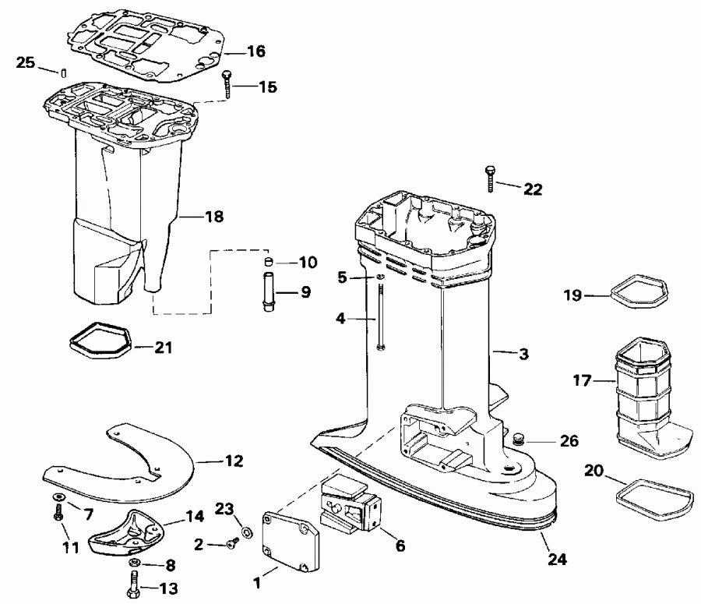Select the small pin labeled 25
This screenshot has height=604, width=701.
tap(59, 72)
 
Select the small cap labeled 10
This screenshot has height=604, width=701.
tap(266, 261)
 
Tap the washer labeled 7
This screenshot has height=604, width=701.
tap(59, 496)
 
